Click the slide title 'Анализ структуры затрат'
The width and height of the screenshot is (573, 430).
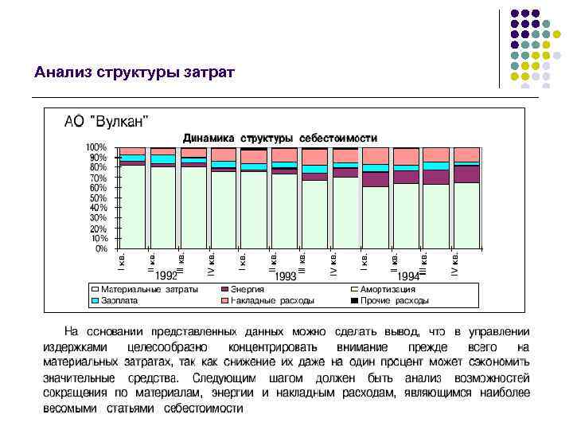tap(134, 72)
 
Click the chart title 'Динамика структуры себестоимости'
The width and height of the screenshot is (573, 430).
tap(280, 138)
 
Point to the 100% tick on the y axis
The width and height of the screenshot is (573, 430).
tap(96, 147)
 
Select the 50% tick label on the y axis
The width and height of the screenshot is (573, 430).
tap(98, 197)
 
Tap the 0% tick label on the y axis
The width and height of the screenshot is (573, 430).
tap(100, 248)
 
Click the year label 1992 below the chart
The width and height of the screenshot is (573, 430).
tap(166, 276)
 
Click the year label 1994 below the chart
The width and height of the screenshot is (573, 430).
tap(409, 276)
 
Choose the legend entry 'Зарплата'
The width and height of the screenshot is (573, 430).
tap(119, 301)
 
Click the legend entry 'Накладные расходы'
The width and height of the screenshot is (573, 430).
tap(272, 301)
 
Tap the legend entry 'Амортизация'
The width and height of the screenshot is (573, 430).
tap(388, 289)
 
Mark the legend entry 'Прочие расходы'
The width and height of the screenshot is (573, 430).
tap(394, 301)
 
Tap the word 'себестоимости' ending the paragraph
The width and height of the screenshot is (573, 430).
tap(204, 408)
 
